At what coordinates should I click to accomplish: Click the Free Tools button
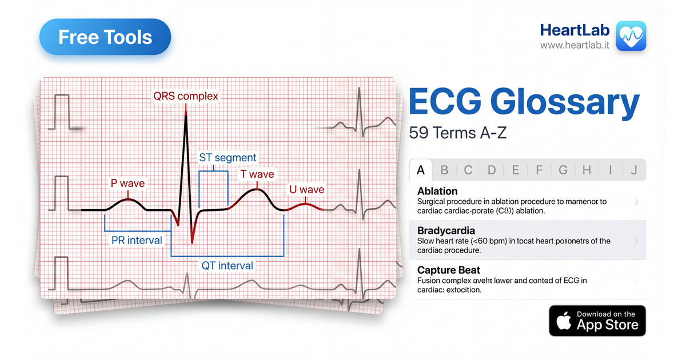point(105,38)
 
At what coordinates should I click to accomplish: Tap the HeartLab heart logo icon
point(631,36)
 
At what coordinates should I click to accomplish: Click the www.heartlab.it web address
point(576,45)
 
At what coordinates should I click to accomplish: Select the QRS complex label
point(186,96)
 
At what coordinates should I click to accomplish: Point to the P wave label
point(127,183)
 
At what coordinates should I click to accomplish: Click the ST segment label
point(228,157)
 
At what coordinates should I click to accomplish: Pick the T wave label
point(257,174)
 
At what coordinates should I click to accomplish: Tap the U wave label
point(307,189)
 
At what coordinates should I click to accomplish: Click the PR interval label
point(137,240)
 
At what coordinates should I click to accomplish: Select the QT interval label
point(227,265)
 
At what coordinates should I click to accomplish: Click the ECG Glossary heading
point(524,103)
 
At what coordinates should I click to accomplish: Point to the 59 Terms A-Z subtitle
point(458,133)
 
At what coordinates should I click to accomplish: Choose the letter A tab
point(421,170)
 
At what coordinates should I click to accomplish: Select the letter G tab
point(563,170)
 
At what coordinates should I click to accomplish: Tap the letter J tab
point(633,170)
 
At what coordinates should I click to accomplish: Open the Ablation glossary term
point(437,191)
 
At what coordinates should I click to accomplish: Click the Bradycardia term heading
point(446,231)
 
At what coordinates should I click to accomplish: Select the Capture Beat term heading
point(449,270)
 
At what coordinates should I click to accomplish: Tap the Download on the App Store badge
point(597,321)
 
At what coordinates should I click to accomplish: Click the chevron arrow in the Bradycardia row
point(637,241)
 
